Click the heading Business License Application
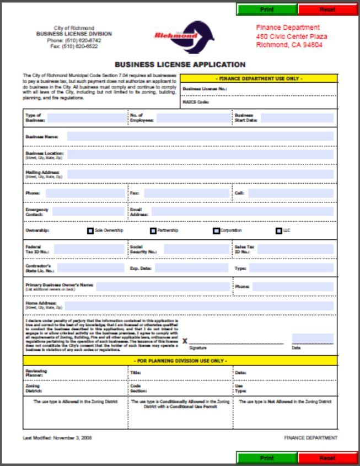[x=180, y=65]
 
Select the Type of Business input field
[x=86, y=117]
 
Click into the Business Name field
[x=200, y=136]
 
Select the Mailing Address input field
[x=200, y=174]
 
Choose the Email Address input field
[x=243, y=212]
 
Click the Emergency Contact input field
[x=88, y=212]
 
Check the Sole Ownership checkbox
[x=90, y=231]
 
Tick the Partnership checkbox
[x=153, y=231]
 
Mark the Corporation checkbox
[x=217, y=231]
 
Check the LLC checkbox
[x=279, y=231]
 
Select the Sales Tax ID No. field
[x=295, y=249]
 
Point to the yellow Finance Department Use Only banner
[x=259, y=78]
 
